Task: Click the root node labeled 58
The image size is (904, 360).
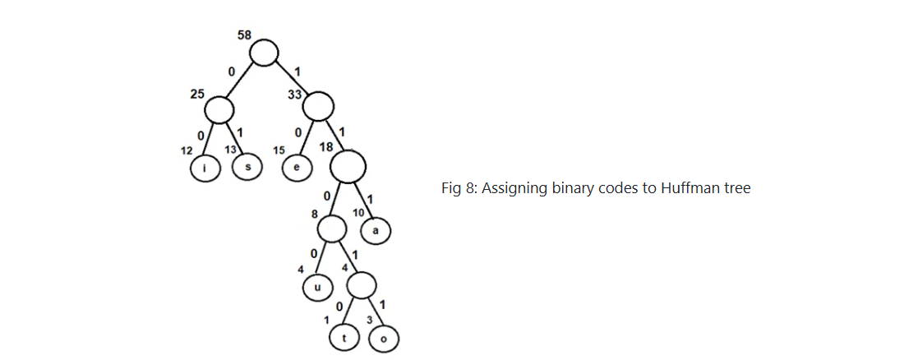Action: coord(264,53)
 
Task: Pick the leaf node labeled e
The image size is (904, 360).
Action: coord(296,168)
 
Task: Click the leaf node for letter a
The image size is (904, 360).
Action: coord(376,231)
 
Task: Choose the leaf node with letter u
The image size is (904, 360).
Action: coord(317,288)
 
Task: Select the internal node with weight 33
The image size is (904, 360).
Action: coord(319,105)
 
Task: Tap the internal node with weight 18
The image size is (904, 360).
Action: coord(348,167)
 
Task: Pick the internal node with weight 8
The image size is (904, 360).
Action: coord(332,228)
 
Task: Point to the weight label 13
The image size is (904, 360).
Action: coord(232,150)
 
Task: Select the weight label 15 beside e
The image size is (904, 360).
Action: coord(279,150)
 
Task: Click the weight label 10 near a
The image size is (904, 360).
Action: coord(359,213)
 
